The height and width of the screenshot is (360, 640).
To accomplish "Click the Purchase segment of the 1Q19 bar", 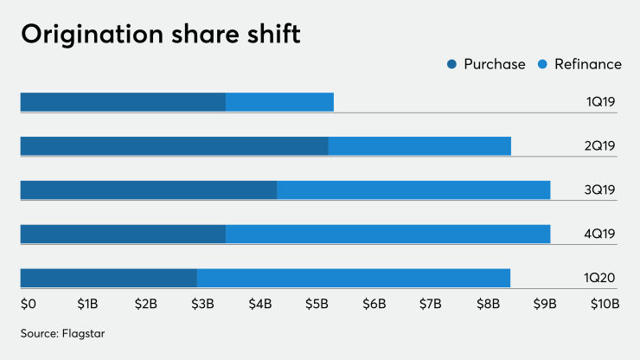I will point(123,102).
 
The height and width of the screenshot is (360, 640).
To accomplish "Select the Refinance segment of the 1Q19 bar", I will point(279,102).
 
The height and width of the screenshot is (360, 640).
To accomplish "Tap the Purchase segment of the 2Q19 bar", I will point(174,145).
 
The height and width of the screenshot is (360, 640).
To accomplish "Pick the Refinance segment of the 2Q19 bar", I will point(419,145).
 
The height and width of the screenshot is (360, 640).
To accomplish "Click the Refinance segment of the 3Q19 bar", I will point(413,190).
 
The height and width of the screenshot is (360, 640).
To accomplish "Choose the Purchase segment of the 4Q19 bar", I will point(123,234).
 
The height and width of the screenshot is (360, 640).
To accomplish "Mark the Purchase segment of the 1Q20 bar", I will point(108,278).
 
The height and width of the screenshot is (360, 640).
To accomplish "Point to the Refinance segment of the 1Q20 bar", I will point(353,278).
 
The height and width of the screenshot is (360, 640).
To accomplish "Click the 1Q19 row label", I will point(600,102).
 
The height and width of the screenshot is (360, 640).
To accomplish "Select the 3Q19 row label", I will point(600,190).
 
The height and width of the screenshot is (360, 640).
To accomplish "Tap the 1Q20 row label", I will point(600,278).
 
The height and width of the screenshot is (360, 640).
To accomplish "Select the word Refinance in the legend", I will point(588,64).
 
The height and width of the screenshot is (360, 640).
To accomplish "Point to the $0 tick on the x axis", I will point(28,304).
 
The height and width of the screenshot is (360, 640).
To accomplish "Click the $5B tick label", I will point(317,304).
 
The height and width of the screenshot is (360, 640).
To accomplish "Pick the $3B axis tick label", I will point(202,304).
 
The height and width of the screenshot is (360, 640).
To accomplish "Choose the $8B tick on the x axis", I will point(488,304).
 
